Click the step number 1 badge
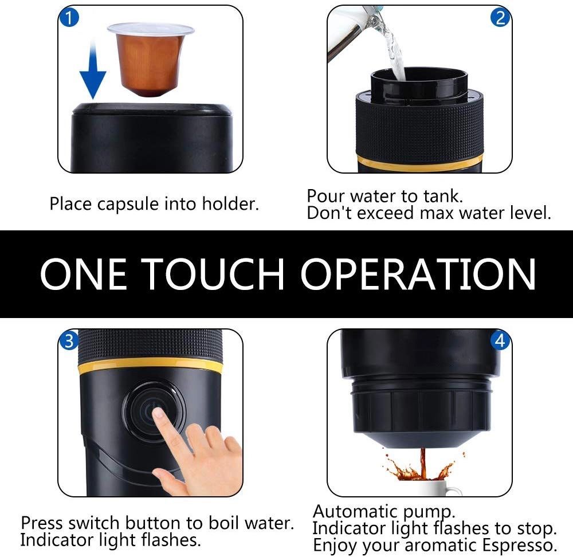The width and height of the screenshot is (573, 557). click(68, 18)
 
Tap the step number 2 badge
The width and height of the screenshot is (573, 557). click(500, 18)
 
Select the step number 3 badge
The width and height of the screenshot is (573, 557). click(68, 342)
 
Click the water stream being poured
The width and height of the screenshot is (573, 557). click(394, 52)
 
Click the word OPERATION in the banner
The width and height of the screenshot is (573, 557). click(418, 273)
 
